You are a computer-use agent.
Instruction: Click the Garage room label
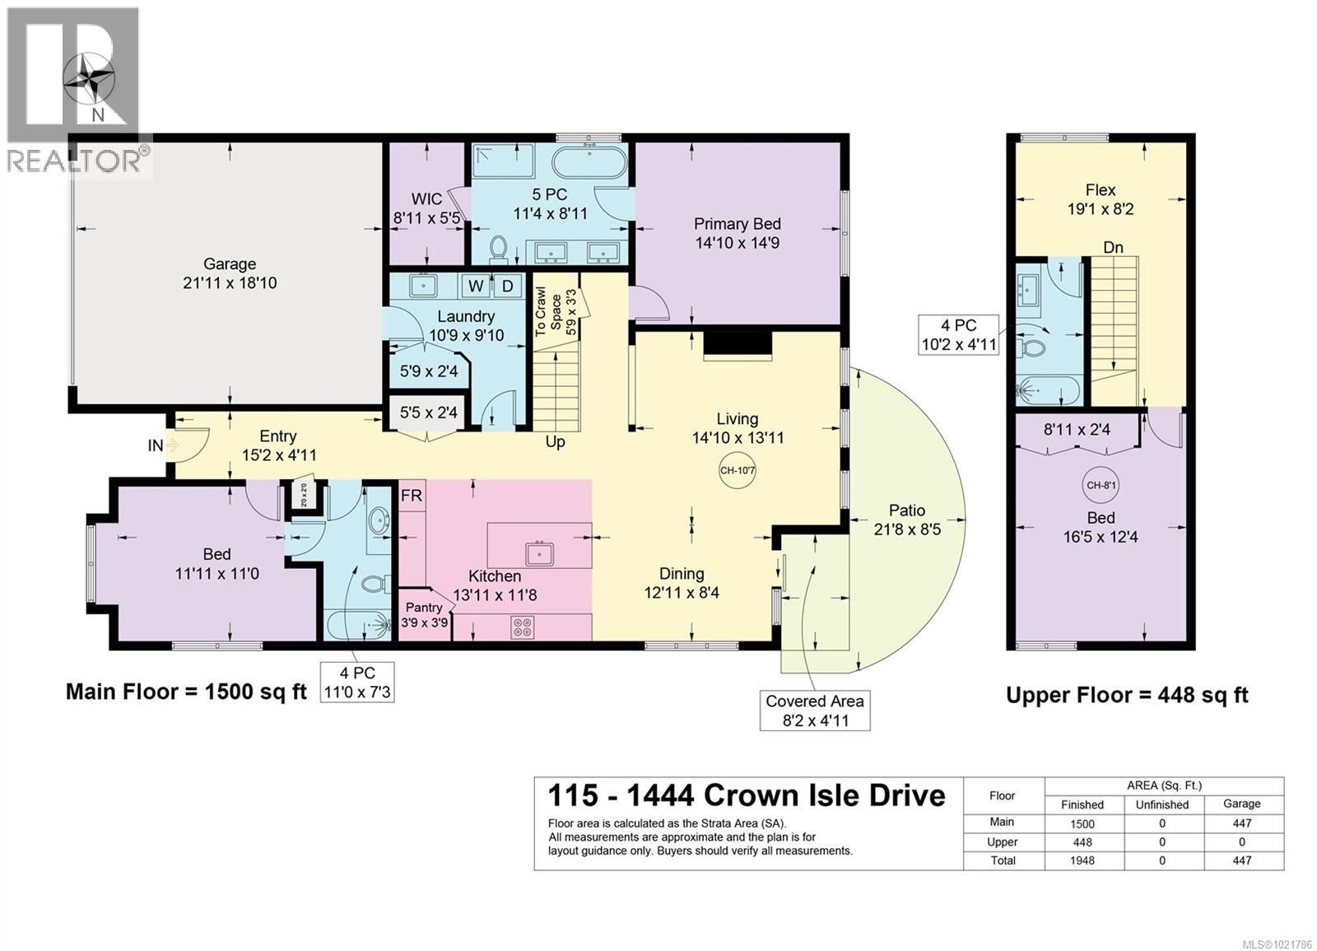point(230,273)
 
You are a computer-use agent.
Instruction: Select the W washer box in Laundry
point(476,286)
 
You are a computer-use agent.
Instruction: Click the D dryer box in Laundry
point(508,286)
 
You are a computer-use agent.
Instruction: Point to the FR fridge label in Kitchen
point(412,496)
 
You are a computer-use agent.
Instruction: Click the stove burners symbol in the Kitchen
point(523,627)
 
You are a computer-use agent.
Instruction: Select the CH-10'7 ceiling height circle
point(737,471)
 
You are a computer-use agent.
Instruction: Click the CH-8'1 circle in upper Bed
point(1101,485)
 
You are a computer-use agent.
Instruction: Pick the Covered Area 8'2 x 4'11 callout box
point(814,711)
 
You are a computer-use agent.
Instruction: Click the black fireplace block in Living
point(738,345)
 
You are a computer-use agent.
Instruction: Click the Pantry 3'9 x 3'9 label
point(424,614)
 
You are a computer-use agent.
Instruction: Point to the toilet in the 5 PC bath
point(498,247)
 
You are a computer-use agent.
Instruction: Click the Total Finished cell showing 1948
point(1082,860)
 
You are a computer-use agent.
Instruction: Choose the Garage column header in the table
point(1241,804)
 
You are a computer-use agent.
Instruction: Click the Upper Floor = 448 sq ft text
point(1127,695)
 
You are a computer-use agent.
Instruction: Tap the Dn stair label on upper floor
point(1113,247)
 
